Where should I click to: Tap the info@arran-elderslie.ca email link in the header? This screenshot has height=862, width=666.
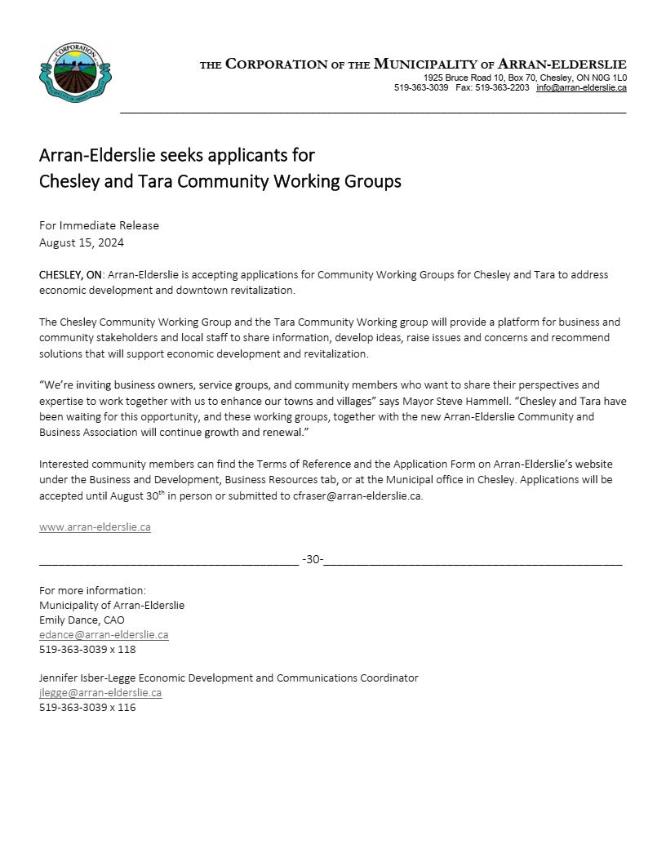581,87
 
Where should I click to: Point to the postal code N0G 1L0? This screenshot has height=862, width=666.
608,78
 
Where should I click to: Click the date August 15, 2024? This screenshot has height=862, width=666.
82,242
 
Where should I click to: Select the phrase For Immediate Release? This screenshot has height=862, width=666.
99,225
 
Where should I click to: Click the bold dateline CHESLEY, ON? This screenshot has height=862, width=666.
71,275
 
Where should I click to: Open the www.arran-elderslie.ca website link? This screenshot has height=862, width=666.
95,527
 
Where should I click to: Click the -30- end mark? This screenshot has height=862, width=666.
313,559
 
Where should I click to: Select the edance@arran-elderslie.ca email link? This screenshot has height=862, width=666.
104,635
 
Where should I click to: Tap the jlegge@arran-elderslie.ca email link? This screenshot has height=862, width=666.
100,693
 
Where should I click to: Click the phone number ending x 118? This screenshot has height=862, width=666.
87,650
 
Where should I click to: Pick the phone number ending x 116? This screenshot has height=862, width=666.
87,708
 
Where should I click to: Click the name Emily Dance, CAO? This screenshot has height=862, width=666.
82,620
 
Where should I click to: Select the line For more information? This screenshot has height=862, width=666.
92,591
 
